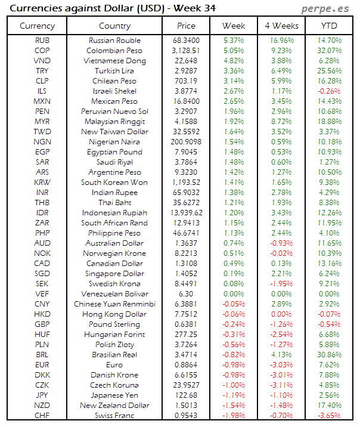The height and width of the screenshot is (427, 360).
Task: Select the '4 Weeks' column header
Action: pos(281,26)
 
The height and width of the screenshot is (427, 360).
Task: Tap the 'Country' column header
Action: pos(114,26)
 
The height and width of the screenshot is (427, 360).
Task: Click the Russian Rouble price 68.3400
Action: pos(186,41)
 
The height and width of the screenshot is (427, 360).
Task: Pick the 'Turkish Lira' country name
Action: pos(114,71)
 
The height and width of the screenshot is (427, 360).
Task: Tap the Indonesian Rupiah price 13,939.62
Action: pos(186,213)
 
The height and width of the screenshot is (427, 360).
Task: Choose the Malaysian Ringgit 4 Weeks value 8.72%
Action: pos(281,122)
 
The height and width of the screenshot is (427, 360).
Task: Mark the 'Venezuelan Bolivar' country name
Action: pos(114,294)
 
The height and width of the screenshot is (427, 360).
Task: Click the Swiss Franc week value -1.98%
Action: pos(234,416)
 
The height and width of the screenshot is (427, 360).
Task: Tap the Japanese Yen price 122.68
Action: pos(186,395)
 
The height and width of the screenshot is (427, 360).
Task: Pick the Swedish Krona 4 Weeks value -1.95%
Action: pos(281,284)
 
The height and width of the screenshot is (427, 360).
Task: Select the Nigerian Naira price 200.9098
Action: pos(186,142)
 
